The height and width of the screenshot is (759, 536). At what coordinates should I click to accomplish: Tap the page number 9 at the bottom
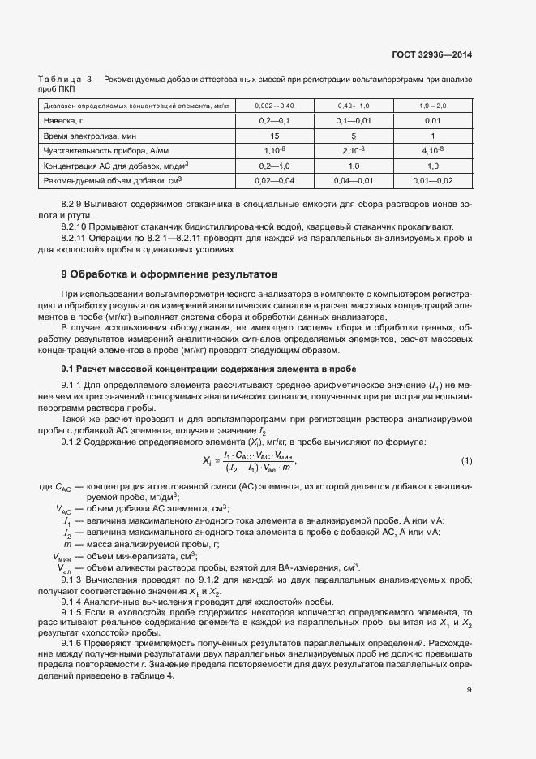[469, 690]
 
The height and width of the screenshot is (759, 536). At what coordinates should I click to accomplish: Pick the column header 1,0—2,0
[433, 106]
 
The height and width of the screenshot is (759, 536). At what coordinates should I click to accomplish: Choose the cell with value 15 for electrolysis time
[274, 136]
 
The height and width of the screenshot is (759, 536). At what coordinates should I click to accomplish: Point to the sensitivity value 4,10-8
[433, 150]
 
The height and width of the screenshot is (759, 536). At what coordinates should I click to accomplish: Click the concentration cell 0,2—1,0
[274, 165]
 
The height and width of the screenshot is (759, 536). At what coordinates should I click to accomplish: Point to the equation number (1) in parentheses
[466, 461]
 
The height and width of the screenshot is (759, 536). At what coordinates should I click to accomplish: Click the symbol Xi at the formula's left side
[207, 461]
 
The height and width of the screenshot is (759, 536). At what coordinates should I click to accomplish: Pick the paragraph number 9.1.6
[75, 642]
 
